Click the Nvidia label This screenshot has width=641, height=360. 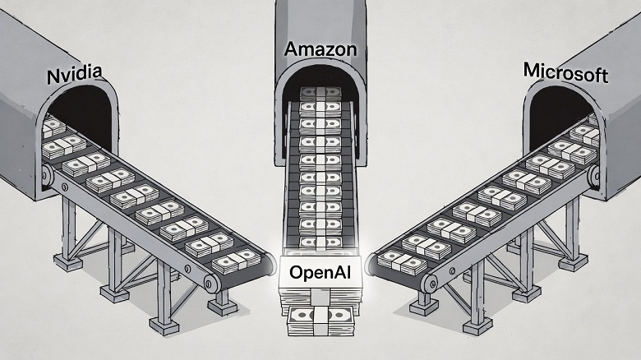coord(75,76)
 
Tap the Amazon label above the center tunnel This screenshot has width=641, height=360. coord(320,49)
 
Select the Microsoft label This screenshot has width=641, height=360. coord(565,73)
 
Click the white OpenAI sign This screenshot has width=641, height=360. coord(320,272)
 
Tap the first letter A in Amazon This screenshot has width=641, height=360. coord(290,49)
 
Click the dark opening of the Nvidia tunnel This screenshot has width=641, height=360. coord(78,111)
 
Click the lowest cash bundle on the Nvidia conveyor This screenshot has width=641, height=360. coord(237,261)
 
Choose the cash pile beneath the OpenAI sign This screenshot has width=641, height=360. coord(320,316)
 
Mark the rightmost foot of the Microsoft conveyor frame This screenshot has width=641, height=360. coord(574,261)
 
